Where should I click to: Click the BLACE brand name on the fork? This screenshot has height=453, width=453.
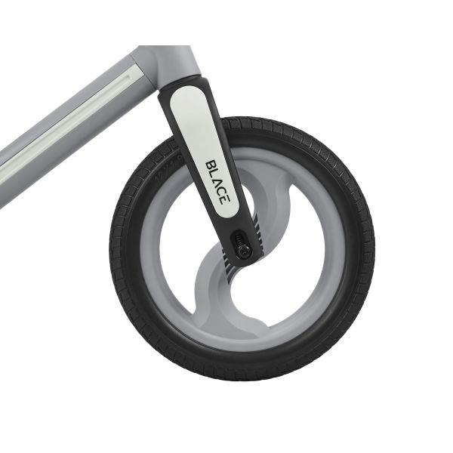pyautogui.click(x=216, y=181)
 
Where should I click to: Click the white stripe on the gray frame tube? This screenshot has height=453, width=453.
pyautogui.click(x=68, y=125)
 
